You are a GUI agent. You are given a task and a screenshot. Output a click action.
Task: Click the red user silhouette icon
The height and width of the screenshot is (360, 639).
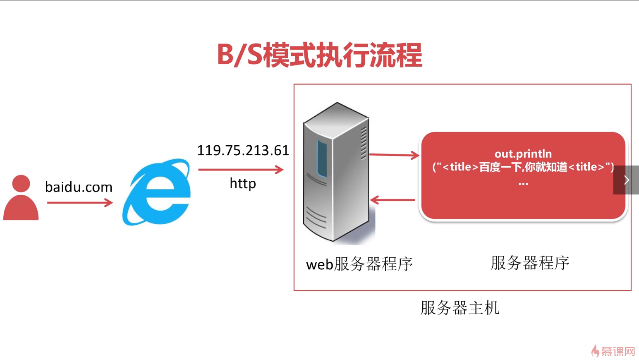[21, 199]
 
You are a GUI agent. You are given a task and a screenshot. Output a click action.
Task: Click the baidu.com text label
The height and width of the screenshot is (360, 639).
[79, 187]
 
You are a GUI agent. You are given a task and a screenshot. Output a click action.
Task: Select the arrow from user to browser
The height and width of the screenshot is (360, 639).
[80, 203]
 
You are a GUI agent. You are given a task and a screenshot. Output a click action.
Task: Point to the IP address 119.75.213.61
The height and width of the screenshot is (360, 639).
[243, 150]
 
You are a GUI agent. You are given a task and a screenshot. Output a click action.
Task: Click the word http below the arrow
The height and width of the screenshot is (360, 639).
[243, 183]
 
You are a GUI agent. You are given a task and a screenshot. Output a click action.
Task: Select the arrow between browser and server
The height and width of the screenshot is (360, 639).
[241, 169]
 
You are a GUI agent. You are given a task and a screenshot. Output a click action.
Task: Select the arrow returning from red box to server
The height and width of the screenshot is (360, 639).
[392, 200]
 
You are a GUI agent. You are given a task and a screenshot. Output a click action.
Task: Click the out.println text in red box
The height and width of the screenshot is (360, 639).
[523, 154]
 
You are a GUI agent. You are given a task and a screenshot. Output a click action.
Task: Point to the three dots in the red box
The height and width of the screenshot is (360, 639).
[523, 183]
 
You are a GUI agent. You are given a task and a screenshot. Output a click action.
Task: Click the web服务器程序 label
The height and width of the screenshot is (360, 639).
[359, 264]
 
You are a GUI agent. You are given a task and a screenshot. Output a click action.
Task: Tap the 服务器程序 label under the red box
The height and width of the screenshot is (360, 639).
[530, 263]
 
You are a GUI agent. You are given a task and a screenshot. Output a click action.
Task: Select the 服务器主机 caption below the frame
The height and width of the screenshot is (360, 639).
[460, 308]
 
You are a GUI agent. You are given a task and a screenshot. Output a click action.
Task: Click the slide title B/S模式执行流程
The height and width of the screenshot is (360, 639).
[319, 55]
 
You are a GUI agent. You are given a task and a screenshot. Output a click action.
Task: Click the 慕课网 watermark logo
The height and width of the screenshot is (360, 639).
[613, 351]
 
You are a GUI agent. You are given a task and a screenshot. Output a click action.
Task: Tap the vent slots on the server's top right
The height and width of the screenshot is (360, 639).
[364, 143]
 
